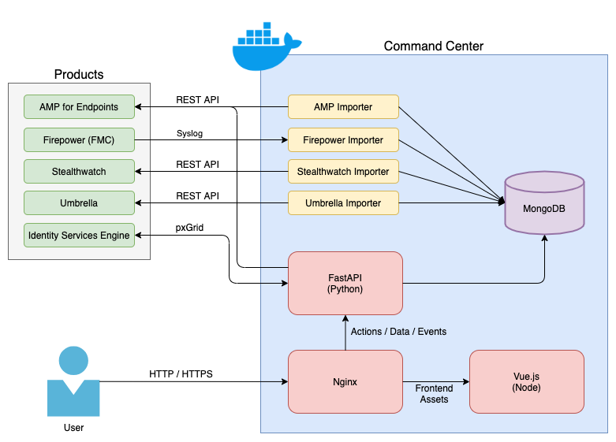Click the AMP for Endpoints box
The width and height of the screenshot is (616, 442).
pos(79,107)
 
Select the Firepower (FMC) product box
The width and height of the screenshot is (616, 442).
pos(79,139)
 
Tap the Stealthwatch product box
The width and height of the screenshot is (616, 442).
pos(79,171)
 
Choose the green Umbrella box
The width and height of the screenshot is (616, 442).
pos(79,202)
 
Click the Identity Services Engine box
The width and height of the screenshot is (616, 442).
pos(79,235)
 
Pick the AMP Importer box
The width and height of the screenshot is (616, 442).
pos(343,107)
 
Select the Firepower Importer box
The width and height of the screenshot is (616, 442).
pos(343,139)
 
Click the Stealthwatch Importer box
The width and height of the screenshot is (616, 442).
pos(343,171)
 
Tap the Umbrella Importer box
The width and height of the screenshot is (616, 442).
pos(343,202)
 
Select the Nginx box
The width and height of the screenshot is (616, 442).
pos(345,382)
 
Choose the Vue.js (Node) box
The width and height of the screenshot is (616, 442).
pos(526,382)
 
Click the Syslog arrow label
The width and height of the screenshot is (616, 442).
pos(189,133)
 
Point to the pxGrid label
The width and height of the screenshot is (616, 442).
pos(190,228)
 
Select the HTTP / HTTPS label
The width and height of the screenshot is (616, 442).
pos(181,373)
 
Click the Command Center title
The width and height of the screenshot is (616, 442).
pos(434,46)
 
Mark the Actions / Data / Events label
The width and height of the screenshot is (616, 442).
pos(398,332)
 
